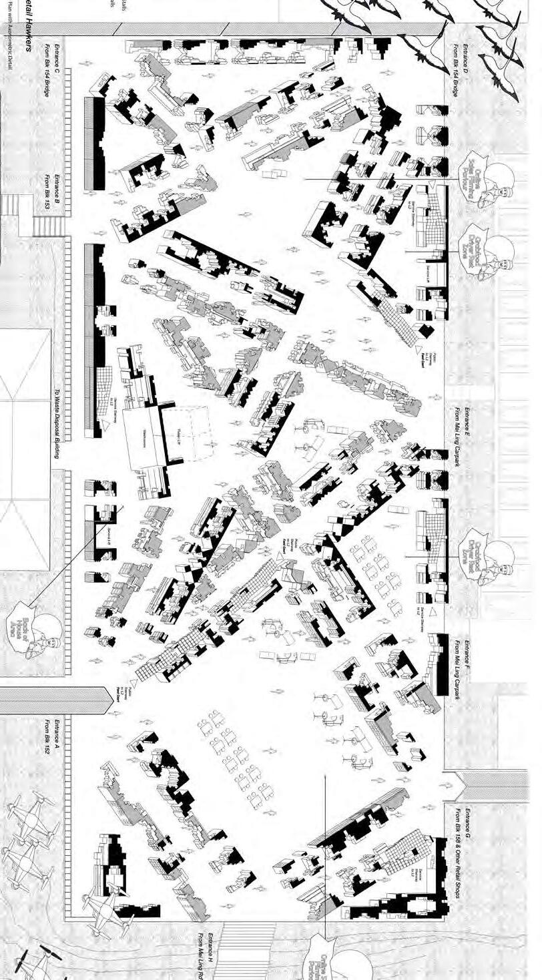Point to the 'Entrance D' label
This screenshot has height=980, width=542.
click(x=467, y=63)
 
